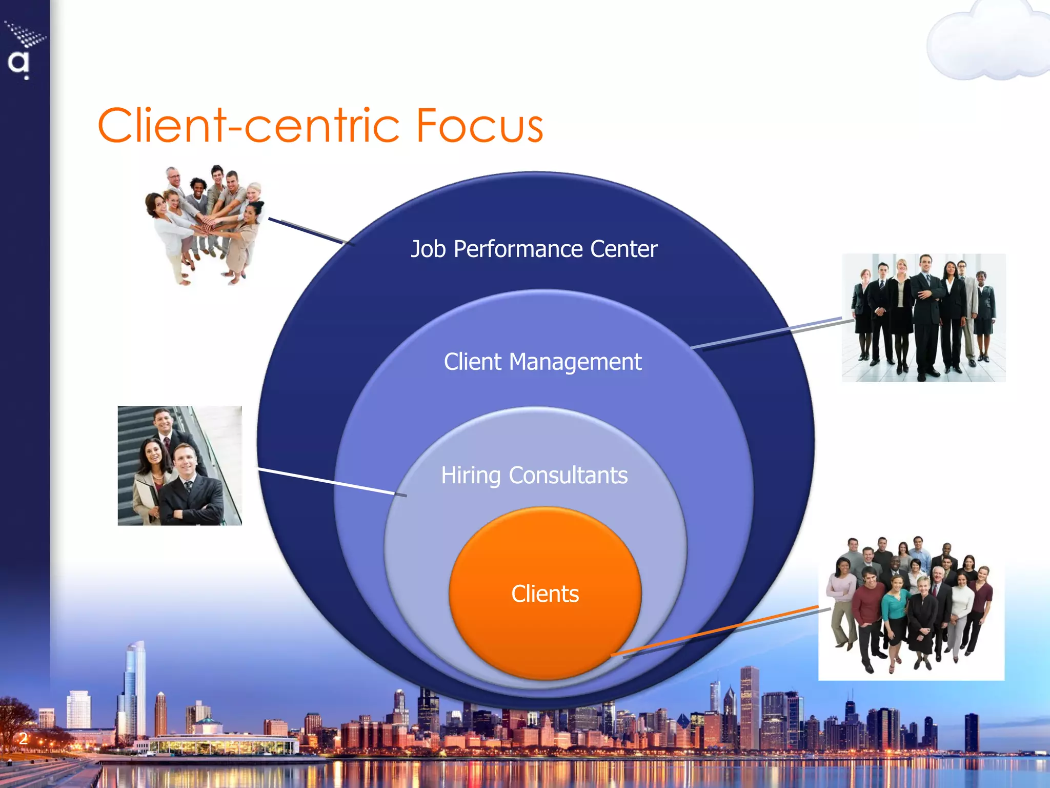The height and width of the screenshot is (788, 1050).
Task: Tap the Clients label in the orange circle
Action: point(545,594)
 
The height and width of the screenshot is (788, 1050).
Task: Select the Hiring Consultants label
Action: point(534,475)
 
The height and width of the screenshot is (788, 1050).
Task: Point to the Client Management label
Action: point(542,362)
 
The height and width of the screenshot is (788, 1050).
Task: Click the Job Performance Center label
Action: point(534,249)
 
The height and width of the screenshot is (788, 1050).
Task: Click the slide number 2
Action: point(23,738)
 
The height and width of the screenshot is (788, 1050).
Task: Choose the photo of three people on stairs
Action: point(179,465)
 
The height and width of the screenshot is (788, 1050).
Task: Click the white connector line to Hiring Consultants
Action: point(328,481)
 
